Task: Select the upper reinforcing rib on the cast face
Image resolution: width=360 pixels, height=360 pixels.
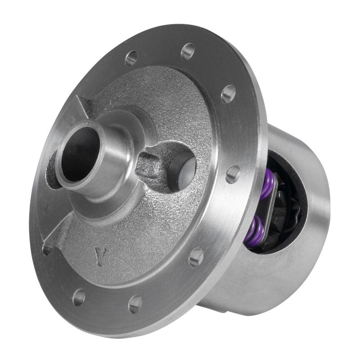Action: tap(85, 108)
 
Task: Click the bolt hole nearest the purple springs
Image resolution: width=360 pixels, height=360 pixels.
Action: tap(233, 174)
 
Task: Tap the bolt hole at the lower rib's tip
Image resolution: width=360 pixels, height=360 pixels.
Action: tap(47, 249)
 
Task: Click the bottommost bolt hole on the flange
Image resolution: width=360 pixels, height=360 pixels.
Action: tap(135, 304)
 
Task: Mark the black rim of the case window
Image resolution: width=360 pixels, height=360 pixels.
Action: tap(299, 171)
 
